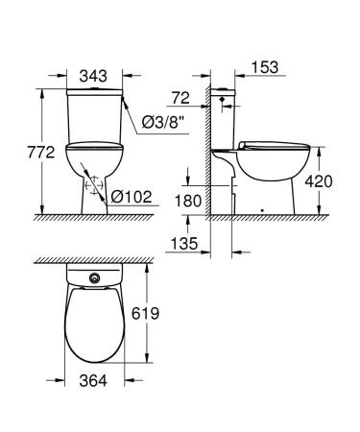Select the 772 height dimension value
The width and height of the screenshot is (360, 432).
[x=22, y=150]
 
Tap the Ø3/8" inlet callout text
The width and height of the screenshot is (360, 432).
[x=163, y=120]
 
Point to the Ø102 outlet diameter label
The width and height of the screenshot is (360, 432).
[x=132, y=198]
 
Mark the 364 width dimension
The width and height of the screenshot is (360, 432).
[x=93, y=382]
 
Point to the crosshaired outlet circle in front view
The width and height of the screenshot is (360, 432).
[x=94, y=186]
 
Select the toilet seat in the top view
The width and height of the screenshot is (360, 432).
[x=93, y=322]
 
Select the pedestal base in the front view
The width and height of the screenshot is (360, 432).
[x=94, y=197]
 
